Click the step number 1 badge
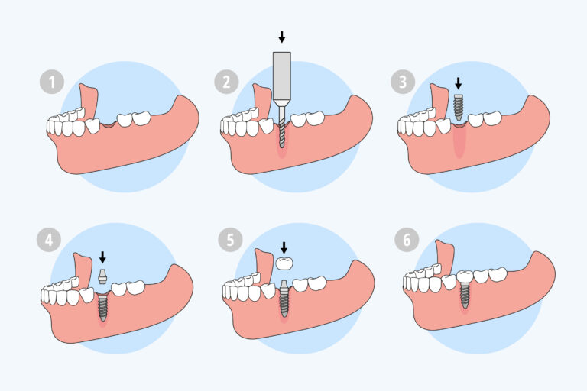point(52,82)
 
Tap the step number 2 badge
point(226,82)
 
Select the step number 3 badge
point(403,82)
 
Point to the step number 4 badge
point(49,240)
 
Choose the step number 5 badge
point(230,240)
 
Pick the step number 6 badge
point(407,240)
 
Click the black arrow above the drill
point(282,37)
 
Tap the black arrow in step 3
point(459,83)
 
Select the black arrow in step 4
point(102,257)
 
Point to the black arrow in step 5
point(284,247)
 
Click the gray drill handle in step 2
point(282,78)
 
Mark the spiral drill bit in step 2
point(282,125)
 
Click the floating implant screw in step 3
point(459,108)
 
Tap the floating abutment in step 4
point(102,276)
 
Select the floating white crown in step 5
point(284,263)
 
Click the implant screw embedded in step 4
point(102,307)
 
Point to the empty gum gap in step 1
point(108,124)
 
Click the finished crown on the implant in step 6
point(465,277)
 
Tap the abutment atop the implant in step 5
point(284,286)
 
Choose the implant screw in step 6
point(465,296)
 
